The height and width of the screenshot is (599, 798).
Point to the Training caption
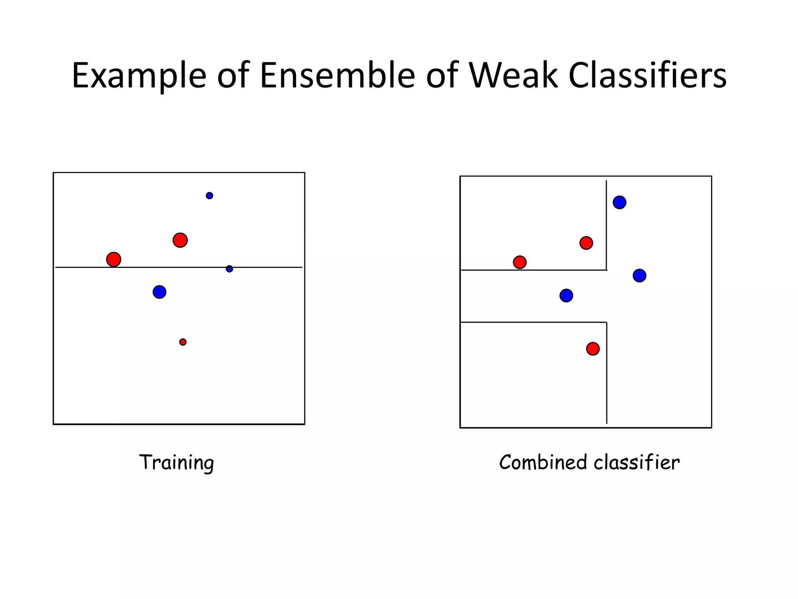(177, 463)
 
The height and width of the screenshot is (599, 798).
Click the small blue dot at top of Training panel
(209, 196)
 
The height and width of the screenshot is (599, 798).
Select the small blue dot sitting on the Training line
(230, 269)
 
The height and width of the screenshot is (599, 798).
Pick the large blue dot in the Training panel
(159, 292)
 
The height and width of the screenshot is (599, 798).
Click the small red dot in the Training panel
(183, 342)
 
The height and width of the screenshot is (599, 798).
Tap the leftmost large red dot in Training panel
(114, 259)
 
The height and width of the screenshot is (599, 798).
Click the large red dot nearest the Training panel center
(180, 240)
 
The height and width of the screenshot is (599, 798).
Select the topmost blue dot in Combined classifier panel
(620, 202)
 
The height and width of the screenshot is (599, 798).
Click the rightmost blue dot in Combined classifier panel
(639, 276)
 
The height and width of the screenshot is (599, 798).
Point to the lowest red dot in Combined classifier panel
(593, 349)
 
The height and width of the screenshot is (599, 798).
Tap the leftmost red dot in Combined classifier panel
(520, 262)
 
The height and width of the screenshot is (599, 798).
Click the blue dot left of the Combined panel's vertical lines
(566, 296)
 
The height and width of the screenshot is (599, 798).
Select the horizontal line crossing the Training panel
(273, 267)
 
